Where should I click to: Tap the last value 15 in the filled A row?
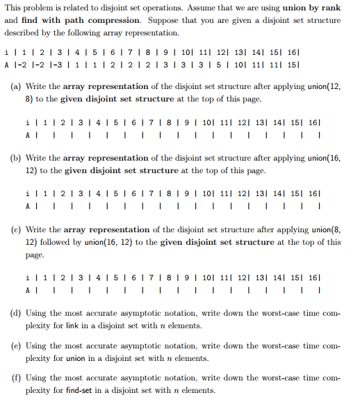click(x=317, y=65)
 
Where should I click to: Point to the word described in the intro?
click(x=27, y=33)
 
